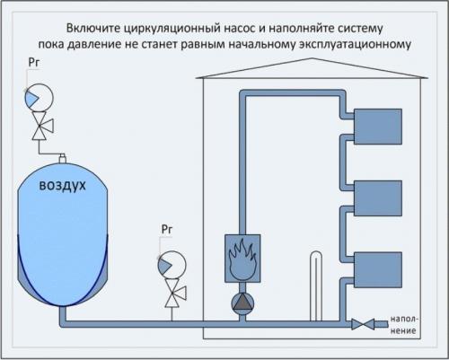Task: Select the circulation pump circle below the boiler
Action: tap(242, 303)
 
